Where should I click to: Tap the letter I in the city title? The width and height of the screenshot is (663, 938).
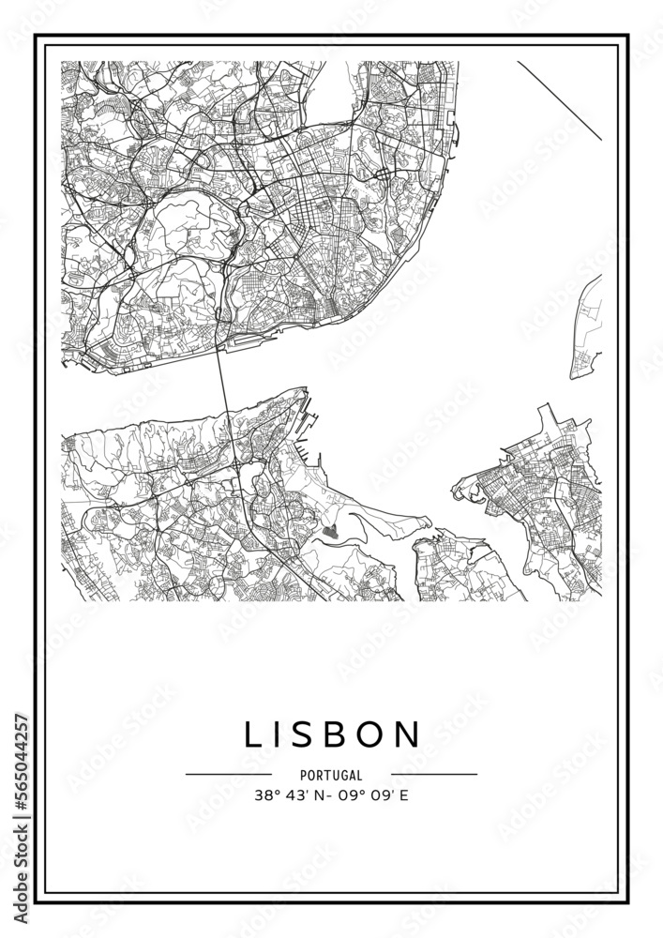point(280,734)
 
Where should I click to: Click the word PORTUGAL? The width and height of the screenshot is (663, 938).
point(332,775)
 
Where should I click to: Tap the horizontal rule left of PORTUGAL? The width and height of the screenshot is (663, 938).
point(229,775)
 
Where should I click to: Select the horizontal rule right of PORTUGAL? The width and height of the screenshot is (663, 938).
point(434,775)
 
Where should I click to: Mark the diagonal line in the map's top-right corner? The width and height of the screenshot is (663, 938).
point(559,100)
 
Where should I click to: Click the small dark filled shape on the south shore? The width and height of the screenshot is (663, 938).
point(328,532)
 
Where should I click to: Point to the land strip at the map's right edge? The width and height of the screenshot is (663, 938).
point(587,328)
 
